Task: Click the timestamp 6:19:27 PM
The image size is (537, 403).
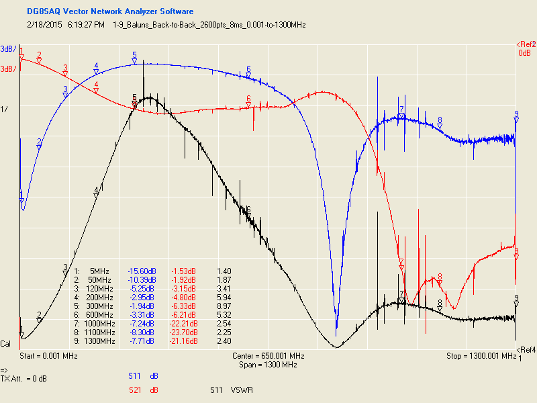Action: point(85,25)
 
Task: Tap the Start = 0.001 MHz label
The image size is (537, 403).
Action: point(49,355)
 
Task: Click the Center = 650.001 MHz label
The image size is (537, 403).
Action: point(268,355)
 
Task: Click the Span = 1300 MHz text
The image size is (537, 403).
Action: point(268,365)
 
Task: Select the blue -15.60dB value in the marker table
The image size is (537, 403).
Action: point(140,271)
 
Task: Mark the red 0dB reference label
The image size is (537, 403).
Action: point(524,53)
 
